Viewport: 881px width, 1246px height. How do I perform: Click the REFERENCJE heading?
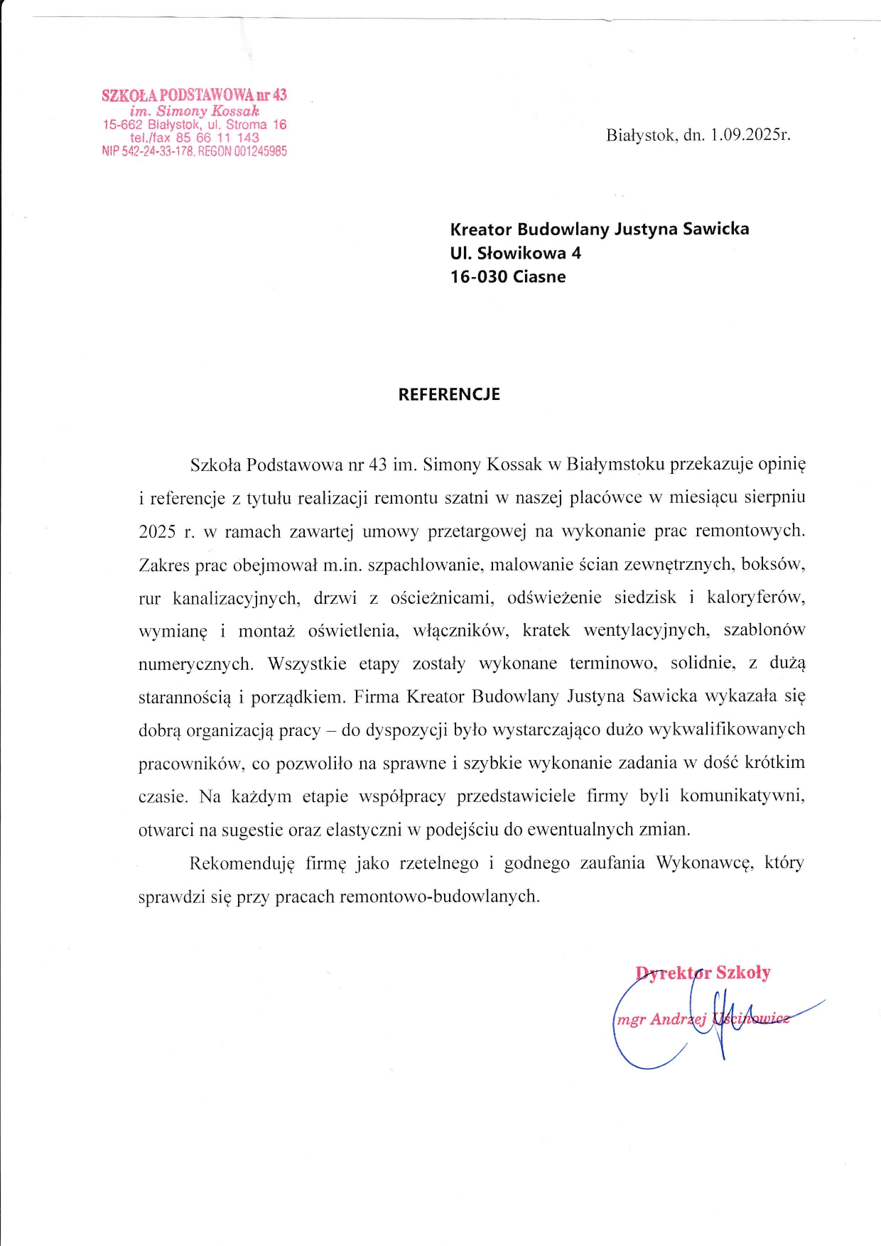(x=449, y=395)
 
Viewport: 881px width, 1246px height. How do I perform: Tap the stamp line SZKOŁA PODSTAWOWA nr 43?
(x=194, y=95)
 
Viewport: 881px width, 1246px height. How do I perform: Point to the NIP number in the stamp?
(x=147, y=151)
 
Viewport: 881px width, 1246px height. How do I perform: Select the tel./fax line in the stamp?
(x=194, y=138)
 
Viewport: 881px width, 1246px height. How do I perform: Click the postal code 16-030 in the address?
(x=479, y=277)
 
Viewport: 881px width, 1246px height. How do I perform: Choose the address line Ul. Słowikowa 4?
(x=515, y=253)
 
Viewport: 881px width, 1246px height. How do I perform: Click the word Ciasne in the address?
(x=539, y=277)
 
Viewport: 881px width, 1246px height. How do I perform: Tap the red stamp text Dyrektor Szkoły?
(x=703, y=973)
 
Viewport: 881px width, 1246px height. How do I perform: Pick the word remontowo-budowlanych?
(x=439, y=896)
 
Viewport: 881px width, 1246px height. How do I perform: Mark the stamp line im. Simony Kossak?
(x=194, y=111)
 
